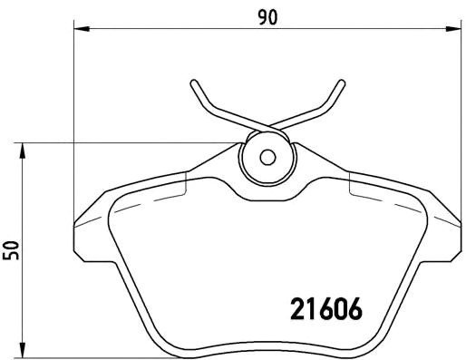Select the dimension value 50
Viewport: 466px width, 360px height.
pyautogui.click(x=12, y=250)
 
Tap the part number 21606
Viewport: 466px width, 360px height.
pyautogui.click(x=325, y=310)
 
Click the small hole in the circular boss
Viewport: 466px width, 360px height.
pyautogui.click(x=267, y=156)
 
